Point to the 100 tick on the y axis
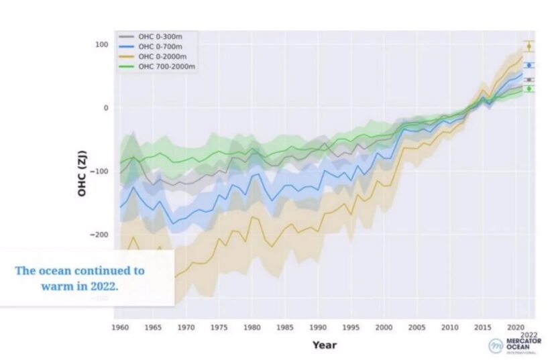[101, 44]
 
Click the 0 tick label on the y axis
[105, 107]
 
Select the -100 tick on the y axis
[99, 171]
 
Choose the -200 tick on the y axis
[99, 235]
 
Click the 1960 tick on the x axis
[121, 328]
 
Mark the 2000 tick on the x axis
[384, 328]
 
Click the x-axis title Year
[324, 345]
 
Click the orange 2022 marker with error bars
[529, 46]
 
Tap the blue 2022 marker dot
[529, 65]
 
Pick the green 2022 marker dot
[529, 88]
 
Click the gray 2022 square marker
[529, 80]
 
